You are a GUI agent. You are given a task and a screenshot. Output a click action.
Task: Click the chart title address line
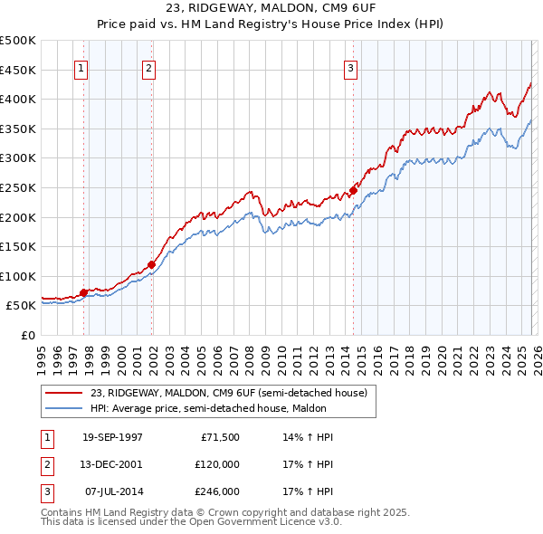tap(271, 9)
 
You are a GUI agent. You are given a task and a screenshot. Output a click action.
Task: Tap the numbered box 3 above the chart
tap(351, 67)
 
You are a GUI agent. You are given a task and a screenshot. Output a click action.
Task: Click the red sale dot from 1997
tap(84, 292)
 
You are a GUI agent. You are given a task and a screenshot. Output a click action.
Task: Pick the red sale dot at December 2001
tap(151, 264)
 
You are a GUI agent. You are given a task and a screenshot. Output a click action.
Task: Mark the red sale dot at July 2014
tap(353, 190)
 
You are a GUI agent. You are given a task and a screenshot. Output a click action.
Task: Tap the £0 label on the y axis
tap(27, 335)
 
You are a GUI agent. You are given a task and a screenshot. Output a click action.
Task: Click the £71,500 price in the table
tap(220, 437)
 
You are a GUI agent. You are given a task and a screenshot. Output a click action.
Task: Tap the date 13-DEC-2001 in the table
tap(112, 464)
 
